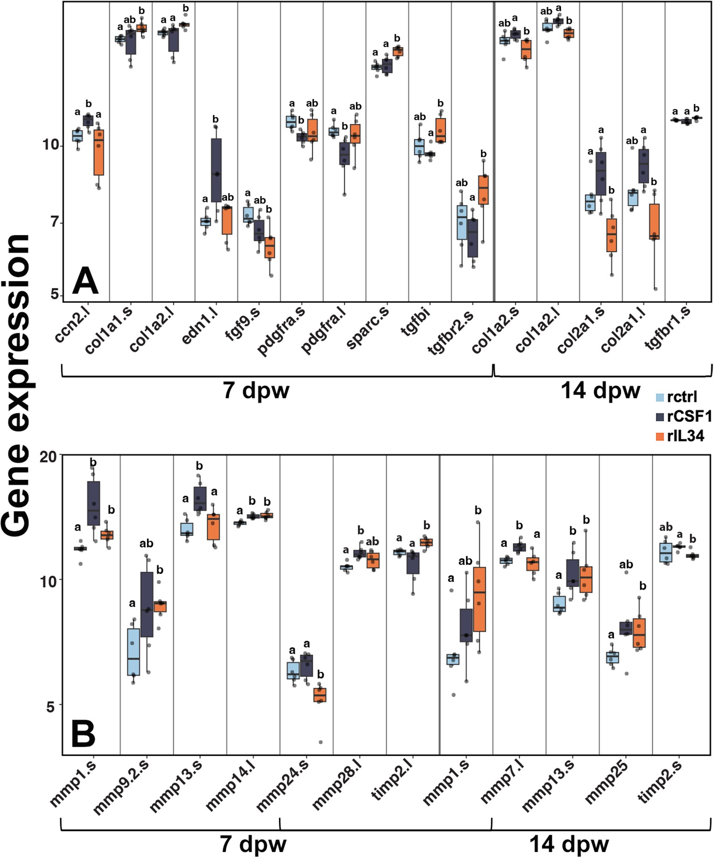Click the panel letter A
coord(86,282)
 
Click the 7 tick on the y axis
coord(55,222)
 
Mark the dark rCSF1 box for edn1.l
coord(216,170)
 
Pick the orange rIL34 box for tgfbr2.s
coord(484,190)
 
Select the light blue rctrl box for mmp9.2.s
coord(133,652)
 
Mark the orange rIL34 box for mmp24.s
coord(320,695)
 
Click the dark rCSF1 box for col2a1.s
coord(601,174)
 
